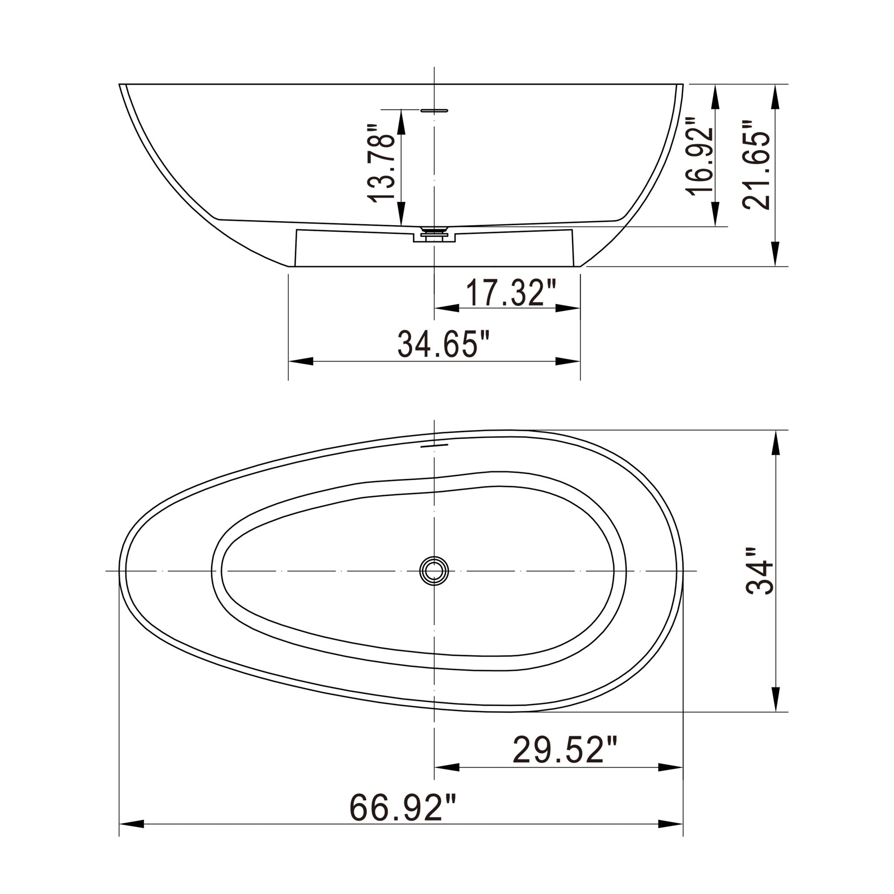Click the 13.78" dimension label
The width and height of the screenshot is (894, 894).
click(x=380, y=163)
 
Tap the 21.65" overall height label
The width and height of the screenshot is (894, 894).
click(x=756, y=165)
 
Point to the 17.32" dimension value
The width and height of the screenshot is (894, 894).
click(x=510, y=292)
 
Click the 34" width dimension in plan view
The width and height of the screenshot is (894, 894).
click(x=759, y=571)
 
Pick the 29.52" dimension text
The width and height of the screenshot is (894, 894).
click(x=564, y=750)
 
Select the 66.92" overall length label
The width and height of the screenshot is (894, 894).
click(x=402, y=808)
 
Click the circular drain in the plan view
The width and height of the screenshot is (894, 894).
click(x=434, y=571)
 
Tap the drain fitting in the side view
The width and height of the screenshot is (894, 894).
click(x=434, y=233)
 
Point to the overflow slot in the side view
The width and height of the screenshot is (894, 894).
click(x=434, y=110)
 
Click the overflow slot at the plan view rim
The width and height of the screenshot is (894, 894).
click(x=434, y=446)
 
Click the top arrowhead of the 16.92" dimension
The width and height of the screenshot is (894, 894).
click(x=715, y=96)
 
